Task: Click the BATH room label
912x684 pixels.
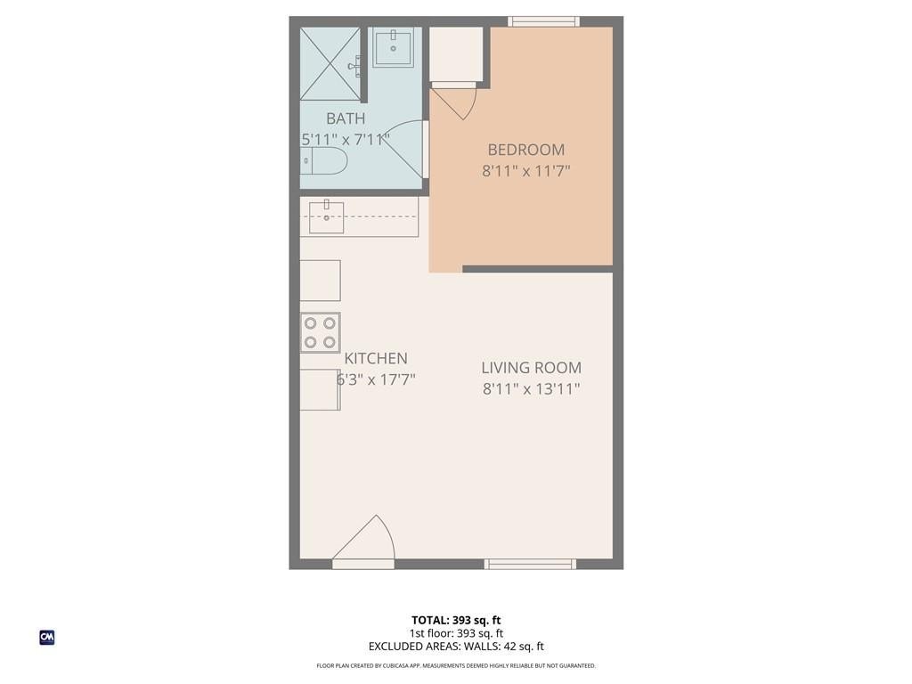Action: [x=346, y=118]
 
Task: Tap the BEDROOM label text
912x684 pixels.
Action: [x=525, y=150]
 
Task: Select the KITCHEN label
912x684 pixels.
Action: [x=376, y=358]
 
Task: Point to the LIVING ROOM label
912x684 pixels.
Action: [x=531, y=368]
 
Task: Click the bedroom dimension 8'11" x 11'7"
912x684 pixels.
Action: [x=525, y=171]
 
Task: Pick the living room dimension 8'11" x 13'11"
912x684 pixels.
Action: [x=531, y=388]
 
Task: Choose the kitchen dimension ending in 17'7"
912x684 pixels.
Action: [x=376, y=379]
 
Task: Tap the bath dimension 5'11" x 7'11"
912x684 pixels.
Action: [x=346, y=140]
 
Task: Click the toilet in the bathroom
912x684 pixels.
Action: [x=323, y=161]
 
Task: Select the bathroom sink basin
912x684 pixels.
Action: [x=393, y=47]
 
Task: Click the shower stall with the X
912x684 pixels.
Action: [x=330, y=64]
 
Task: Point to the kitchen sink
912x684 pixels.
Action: [x=326, y=217]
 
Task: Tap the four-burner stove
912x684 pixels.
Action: [x=321, y=333]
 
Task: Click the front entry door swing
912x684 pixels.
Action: [x=363, y=538]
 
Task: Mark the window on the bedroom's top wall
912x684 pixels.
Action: [x=544, y=21]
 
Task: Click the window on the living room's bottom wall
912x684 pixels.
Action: [x=531, y=564]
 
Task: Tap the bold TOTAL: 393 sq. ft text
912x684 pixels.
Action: [x=456, y=620]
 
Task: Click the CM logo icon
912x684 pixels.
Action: [x=47, y=638]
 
